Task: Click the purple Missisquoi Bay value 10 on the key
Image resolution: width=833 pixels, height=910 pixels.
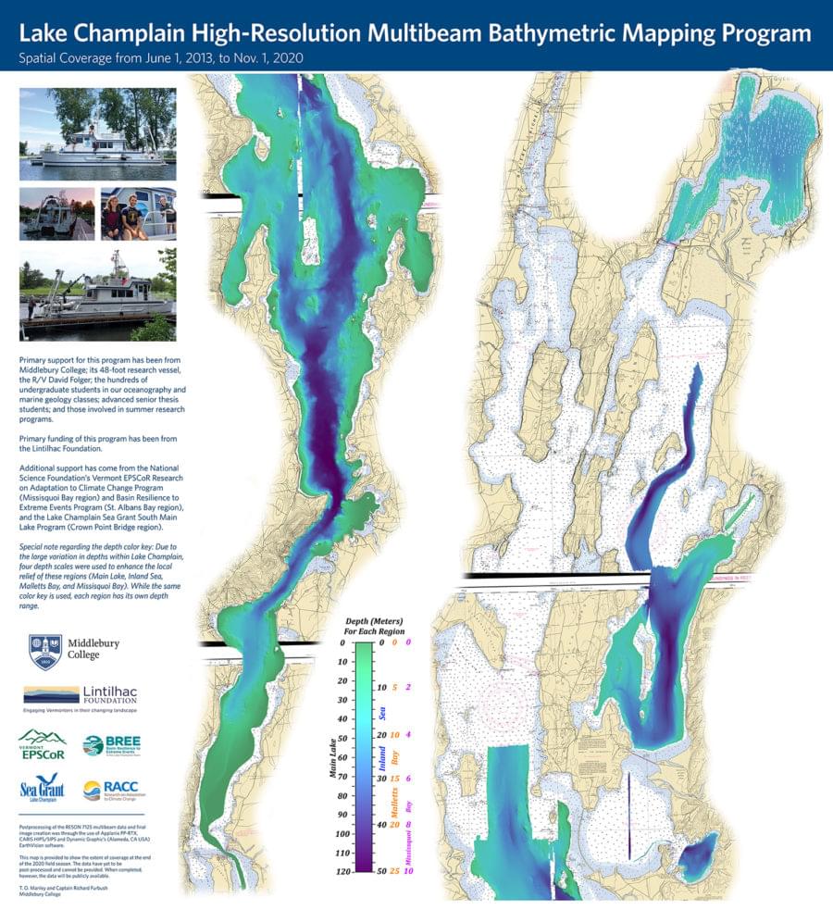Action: coord(408,872)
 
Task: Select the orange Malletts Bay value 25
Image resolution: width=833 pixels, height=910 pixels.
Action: coord(394,872)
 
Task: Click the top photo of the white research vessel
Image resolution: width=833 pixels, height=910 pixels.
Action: coord(98,133)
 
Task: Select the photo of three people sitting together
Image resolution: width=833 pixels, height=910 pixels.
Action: coord(138,215)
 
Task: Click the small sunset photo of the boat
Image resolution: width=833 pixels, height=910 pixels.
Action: coord(56,215)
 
